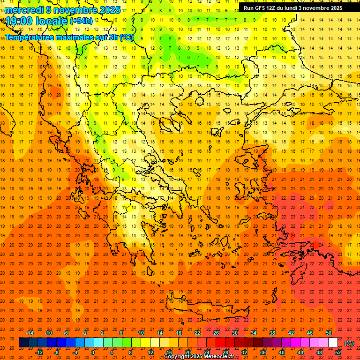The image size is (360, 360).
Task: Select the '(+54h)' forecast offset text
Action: tap(81, 21)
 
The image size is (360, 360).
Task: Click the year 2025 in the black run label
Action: tap(335, 8)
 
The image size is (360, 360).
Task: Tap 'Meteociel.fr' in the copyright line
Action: tap(219, 357)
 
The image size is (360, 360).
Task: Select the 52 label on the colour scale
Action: tap(338, 352)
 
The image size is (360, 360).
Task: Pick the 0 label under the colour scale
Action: tap(93, 352)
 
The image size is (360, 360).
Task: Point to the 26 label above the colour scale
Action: tap(216, 333)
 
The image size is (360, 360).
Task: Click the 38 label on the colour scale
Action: tap(272, 333)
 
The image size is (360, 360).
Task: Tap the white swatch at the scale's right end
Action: tap(333, 343)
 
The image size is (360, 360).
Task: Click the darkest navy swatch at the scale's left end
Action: tap(23, 343)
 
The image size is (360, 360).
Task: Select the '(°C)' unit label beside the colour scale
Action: tap(349, 343)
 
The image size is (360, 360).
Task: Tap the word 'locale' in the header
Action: tap(53, 21)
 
